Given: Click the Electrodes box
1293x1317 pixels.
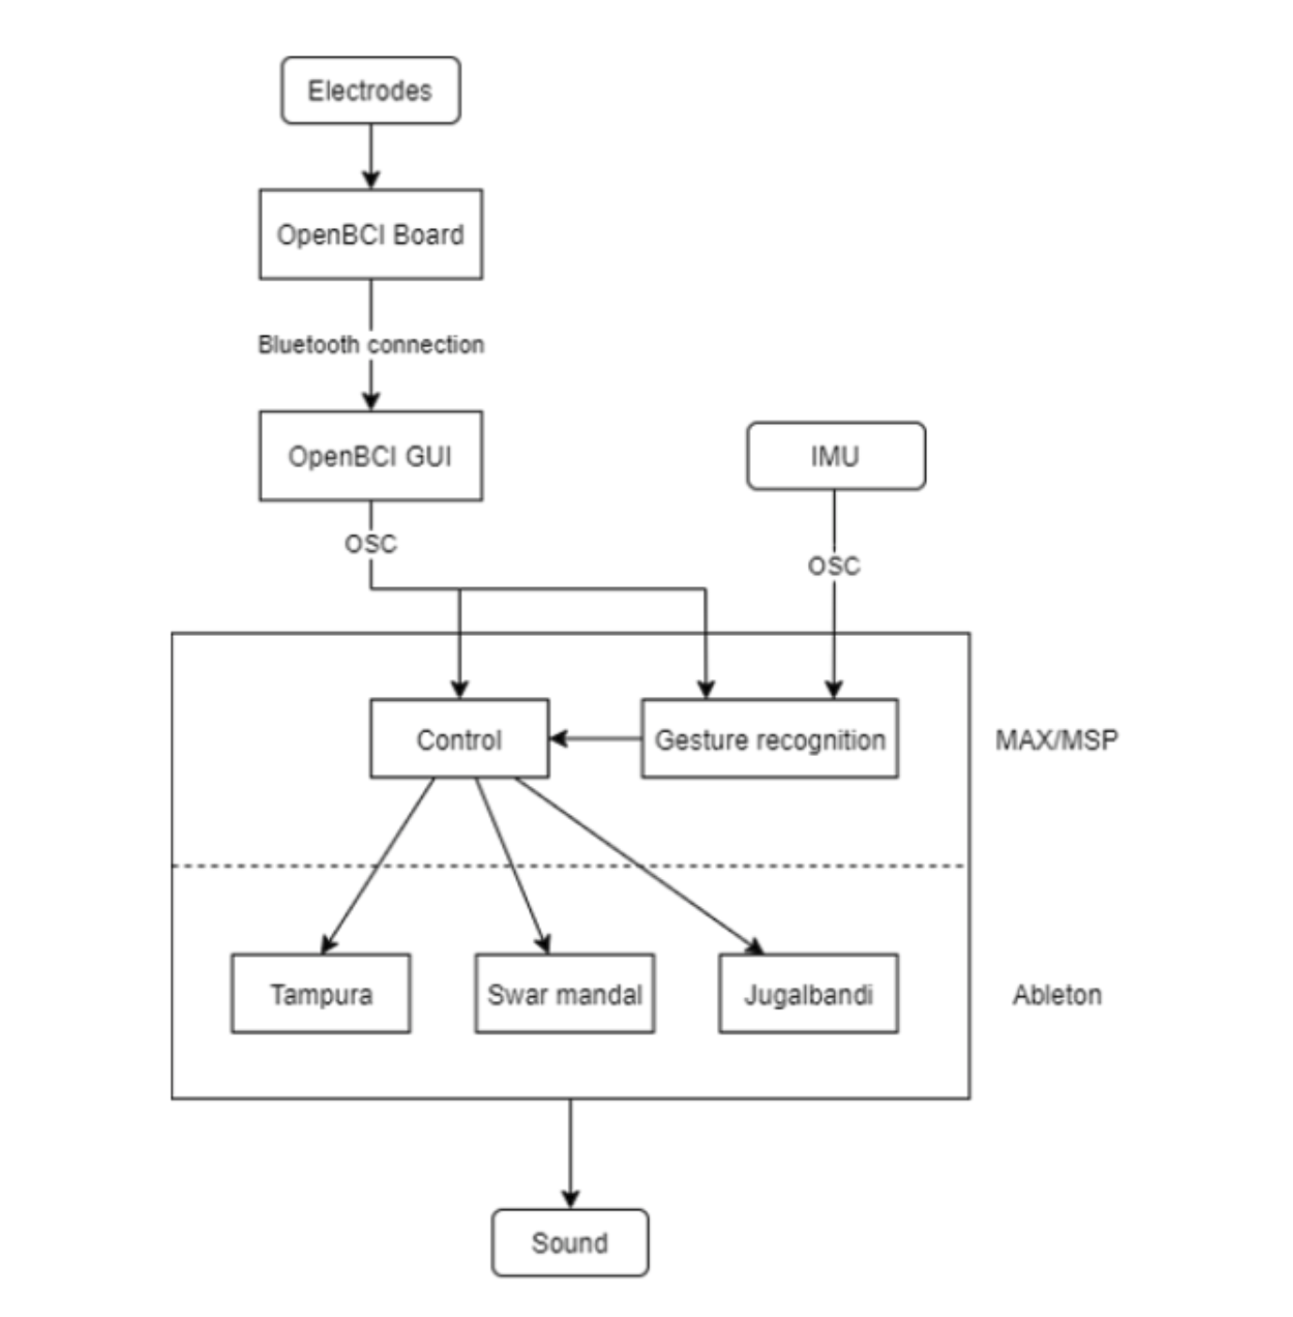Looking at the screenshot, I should pos(370,90).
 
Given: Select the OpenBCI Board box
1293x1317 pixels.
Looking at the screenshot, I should pos(370,234).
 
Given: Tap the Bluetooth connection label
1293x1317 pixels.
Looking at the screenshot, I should pos(370,344).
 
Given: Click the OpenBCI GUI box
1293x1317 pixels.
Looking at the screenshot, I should pos(370,455).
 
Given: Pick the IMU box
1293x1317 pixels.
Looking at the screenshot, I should pos(835,456).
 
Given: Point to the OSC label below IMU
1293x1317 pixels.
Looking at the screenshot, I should pos(833,566).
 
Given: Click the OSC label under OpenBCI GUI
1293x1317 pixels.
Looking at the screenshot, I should pos(370,543).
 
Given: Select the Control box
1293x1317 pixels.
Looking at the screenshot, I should pos(459,738).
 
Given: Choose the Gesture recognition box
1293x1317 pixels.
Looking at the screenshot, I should pos(768,738).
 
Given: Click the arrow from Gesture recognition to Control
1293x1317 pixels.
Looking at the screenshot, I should pos(596,738).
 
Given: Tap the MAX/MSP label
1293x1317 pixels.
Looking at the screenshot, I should pos(1057,739).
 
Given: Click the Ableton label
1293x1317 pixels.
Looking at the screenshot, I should pos(1057,994).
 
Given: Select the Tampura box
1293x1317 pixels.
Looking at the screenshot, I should pos(320,993).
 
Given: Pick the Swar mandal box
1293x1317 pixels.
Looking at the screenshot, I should pos(564,993).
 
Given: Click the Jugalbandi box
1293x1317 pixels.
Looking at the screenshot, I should pos(808,993).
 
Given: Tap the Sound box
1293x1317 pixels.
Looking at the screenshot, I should pos(570,1242).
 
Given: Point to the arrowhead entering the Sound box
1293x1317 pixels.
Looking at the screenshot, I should pos(570,1200).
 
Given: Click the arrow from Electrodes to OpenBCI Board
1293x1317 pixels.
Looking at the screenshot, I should pos(370,156).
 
